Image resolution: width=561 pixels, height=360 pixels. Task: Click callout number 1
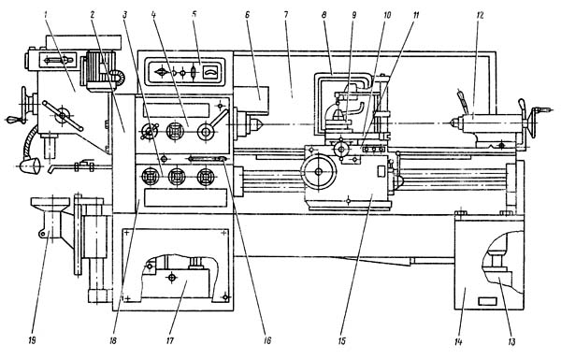pyautogui.click(x=46, y=15)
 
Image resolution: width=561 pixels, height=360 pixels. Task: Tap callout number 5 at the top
pyautogui.click(x=194, y=15)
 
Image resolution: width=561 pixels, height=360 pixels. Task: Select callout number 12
pyautogui.click(x=481, y=15)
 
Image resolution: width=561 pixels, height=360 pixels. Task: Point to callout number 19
pyautogui.click(x=33, y=340)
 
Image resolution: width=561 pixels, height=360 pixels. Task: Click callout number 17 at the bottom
pyautogui.click(x=170, y=340)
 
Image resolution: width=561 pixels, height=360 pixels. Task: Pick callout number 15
pyautogui.click(x=342, y=340)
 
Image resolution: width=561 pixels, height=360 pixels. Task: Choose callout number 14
pyautogui.click(x=458, y=342)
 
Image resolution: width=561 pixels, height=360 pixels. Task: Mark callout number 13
pyautogui.click(x=512, y=342)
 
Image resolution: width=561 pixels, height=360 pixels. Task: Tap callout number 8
pyautogui.click(x=324, y=15)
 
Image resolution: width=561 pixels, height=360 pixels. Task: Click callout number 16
pyautogui.click(x=267, y=340)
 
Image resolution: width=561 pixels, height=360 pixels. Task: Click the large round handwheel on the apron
pyautogui.click(x=319, y=172)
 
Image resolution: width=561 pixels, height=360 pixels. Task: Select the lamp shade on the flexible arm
pyautogui.click(x=29, y=166)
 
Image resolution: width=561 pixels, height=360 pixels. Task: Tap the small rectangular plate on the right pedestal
pyautogui.click(x=487, y=301)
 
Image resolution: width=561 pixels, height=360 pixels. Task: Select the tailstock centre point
pyautogui.click(x=453, y=122)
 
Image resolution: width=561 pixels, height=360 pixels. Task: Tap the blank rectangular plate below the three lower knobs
pyautogui.click(x=185, y=198)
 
